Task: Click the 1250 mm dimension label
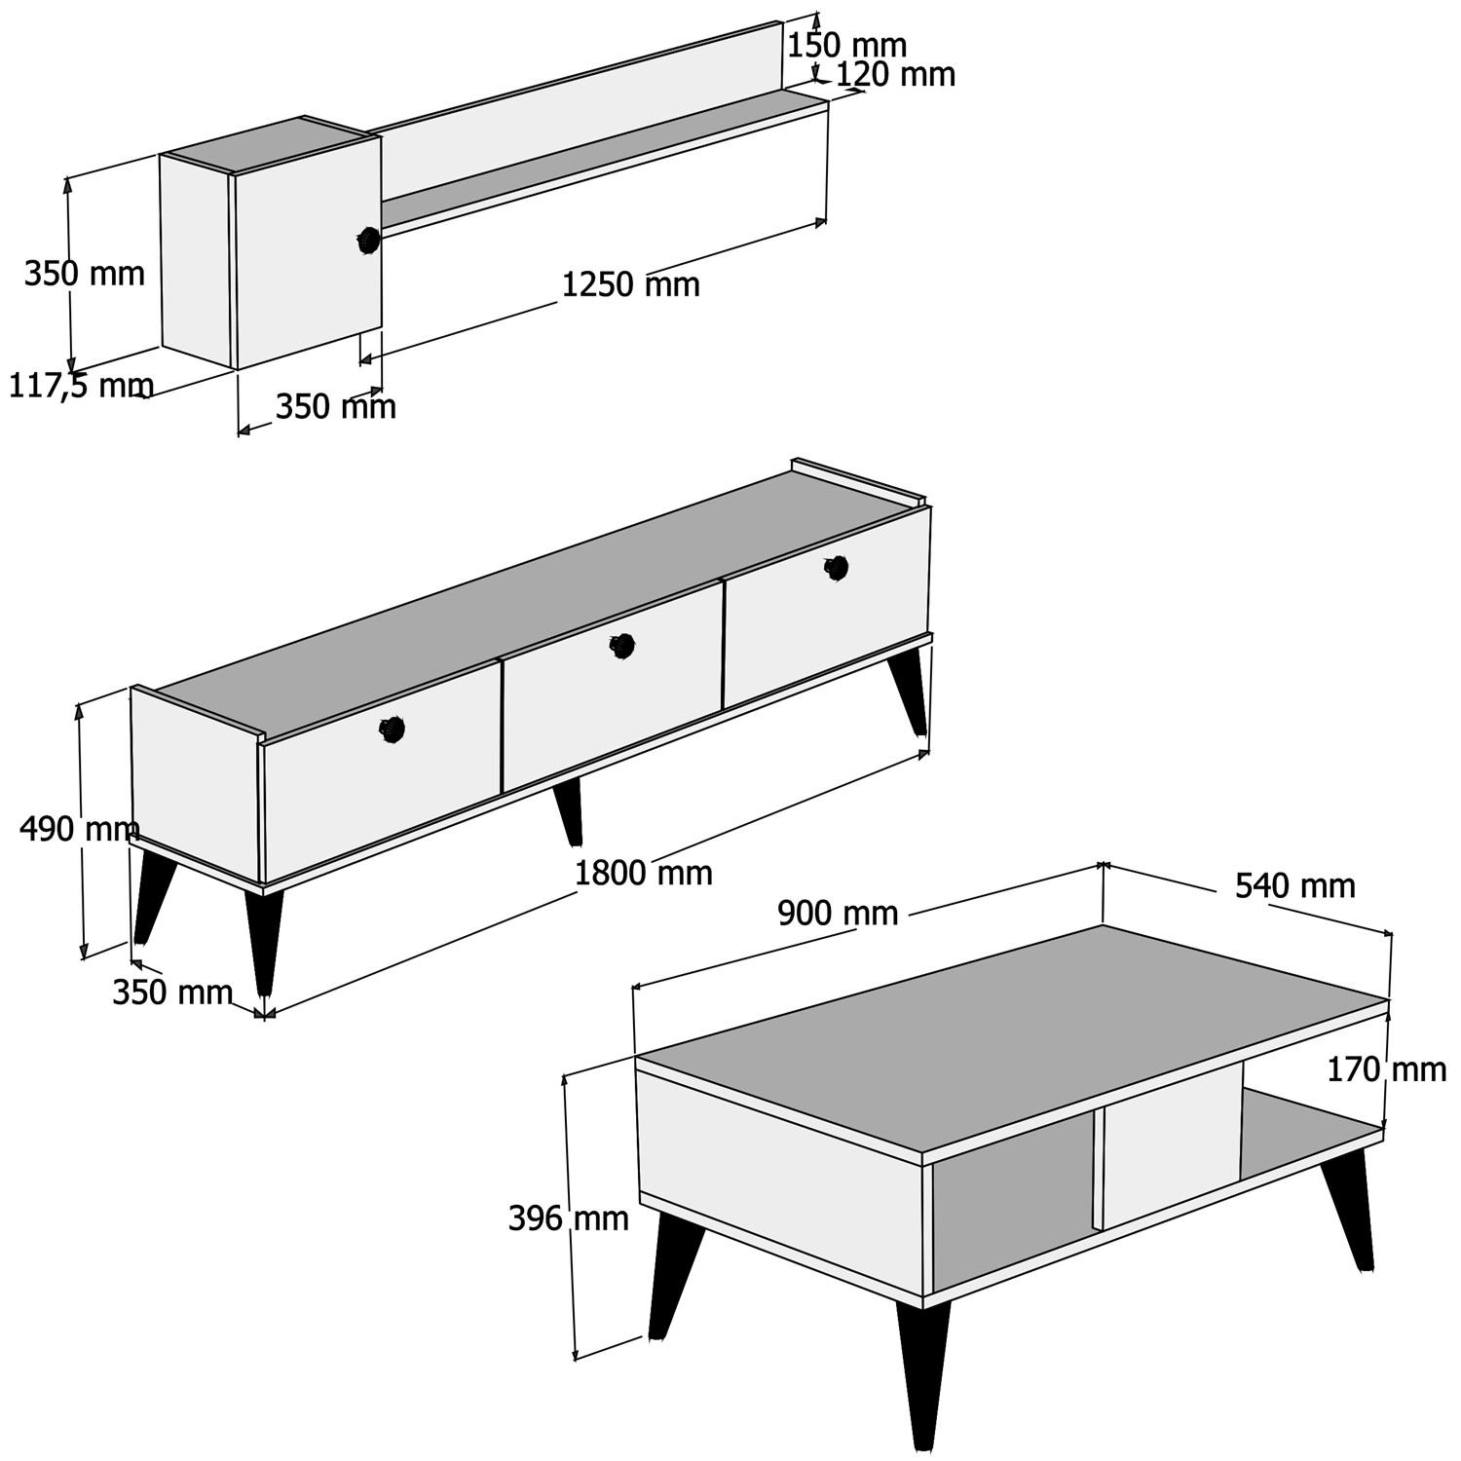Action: pos(630,284)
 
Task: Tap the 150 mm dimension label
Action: pos(846,45)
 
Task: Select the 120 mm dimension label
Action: pos(896,75)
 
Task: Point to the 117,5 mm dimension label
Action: pos(81,387)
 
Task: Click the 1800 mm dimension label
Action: pos(643,873)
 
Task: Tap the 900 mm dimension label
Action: pos(838,913)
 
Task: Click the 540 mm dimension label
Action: pos(1295,885)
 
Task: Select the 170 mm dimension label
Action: pos(1387,1070)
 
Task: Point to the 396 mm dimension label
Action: pos(569,1218)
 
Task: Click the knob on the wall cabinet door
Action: pos(368,240)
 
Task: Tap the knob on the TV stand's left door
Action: pos(392,730)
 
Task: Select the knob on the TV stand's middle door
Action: pos(622,646)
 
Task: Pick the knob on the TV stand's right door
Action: pos(837,568)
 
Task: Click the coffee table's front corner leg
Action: pos(921,1373)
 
